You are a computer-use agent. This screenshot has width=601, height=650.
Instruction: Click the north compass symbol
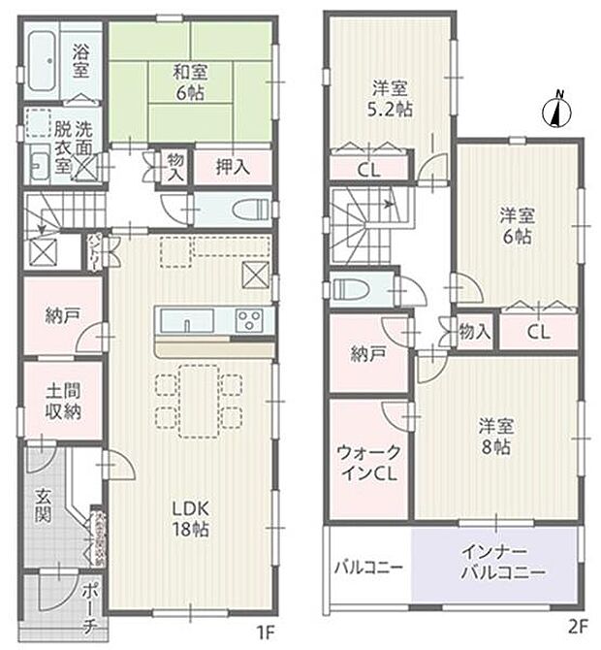[557, 110]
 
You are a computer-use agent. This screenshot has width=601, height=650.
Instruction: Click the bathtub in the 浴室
[45, 57]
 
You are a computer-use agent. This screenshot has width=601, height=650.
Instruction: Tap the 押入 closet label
[234, 167]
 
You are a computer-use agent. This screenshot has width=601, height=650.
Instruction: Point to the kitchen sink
[181, 319]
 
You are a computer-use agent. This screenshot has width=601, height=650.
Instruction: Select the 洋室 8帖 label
[494, 436]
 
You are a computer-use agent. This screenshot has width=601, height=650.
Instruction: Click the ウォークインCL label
[368, 463]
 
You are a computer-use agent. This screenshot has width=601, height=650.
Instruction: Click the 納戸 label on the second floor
[369, 354]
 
